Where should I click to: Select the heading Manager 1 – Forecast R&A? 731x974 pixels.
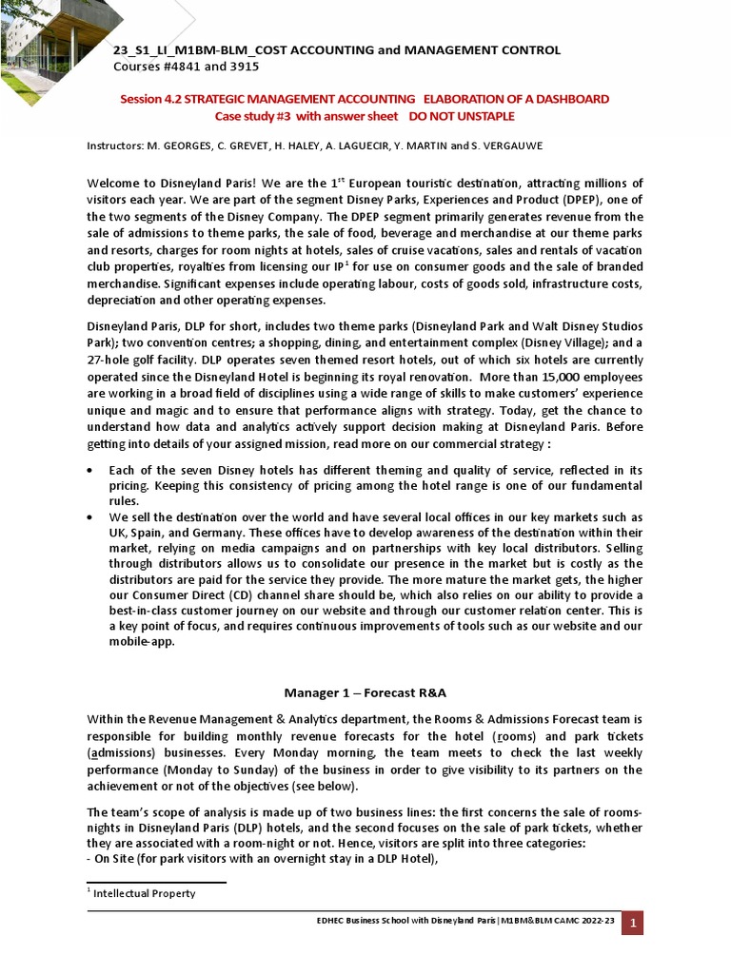(365, 692)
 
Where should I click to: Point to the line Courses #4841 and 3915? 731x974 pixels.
(186, 67)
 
